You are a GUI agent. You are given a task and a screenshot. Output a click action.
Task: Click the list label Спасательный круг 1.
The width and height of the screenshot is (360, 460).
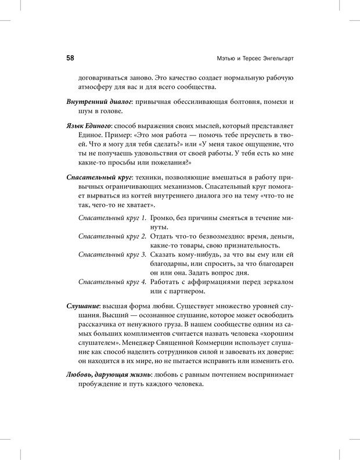point(112,217)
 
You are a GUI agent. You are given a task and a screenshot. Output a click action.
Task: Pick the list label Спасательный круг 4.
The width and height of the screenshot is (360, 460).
point(112,282)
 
